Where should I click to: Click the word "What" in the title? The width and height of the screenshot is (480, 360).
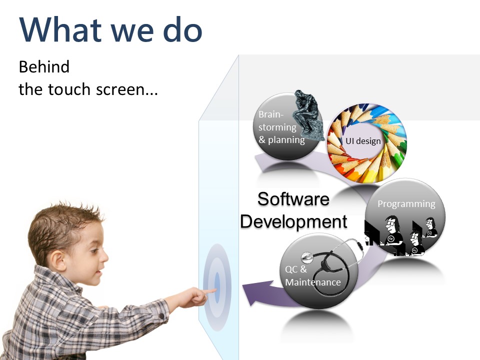60,29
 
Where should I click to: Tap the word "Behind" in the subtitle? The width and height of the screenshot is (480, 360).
44,66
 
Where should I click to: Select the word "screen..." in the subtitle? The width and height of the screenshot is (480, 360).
126,89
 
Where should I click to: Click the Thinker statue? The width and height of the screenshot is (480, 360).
308,115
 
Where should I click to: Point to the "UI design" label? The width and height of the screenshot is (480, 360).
363,141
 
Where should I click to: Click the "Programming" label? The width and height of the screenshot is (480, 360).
406,204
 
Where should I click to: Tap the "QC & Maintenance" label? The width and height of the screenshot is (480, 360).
312,275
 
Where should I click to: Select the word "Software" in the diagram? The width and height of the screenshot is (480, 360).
293,199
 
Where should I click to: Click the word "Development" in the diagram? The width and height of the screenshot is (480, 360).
293,221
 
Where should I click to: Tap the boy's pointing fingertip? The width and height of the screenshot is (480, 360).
214,290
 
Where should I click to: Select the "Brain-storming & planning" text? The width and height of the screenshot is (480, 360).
281,127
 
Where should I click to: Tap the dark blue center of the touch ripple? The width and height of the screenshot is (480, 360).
217,287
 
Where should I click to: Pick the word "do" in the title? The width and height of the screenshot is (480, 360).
182,29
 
